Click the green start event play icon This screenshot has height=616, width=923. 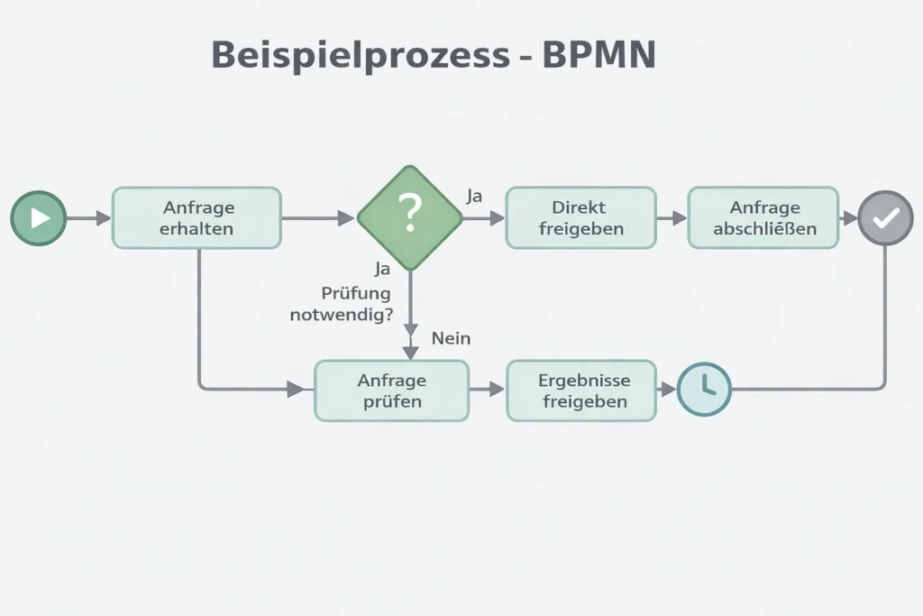click(39, 218)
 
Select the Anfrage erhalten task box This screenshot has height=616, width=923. click(196, 218)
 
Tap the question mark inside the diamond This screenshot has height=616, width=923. click(409, 214)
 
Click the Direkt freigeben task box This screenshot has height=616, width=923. click(580, 218)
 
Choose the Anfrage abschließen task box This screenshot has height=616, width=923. click(763, 218)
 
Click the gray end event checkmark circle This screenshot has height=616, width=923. click(885, 218)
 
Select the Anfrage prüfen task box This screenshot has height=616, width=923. click(391, 390)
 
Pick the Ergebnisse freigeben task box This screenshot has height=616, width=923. click(581, 390)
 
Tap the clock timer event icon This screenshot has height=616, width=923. click(704, 389)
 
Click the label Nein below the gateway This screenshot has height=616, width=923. click(451, 339)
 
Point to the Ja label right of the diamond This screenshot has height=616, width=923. click(475, 196)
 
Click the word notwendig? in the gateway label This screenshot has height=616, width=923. click(342, 316)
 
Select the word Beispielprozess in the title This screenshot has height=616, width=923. click(361, 56)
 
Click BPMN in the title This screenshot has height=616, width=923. click(598, 56)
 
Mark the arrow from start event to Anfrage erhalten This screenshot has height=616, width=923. click(88, 218)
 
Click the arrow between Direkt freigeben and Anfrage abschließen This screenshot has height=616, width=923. click(672, 218)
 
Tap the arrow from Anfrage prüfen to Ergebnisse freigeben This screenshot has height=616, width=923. click(487, 389)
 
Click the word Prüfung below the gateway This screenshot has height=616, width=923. click(356, 293)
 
